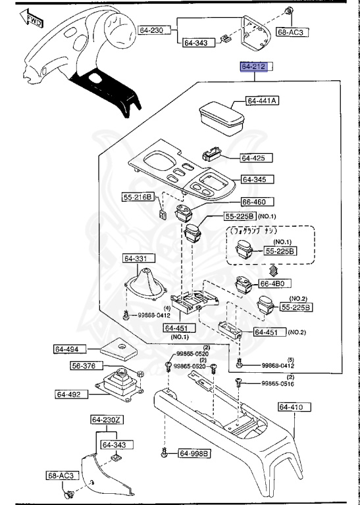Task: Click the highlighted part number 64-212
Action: [255, 67]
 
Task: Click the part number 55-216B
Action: [137, 197]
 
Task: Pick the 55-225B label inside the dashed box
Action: [280, 251]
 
